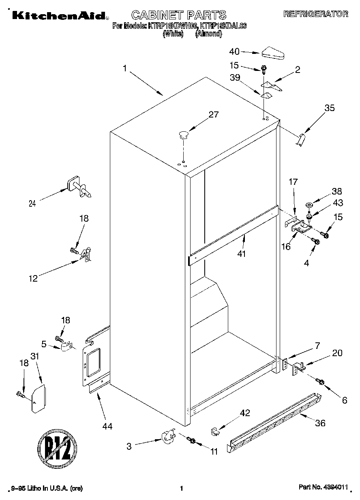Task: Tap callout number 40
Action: pos(234,51)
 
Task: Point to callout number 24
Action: pos(32,204)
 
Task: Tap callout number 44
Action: pos(107,426)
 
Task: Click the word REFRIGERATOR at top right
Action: pos(315,14)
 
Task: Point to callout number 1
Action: pos(125,69)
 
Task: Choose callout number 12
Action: pos(33,278)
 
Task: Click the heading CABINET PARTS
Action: pos(179,15)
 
